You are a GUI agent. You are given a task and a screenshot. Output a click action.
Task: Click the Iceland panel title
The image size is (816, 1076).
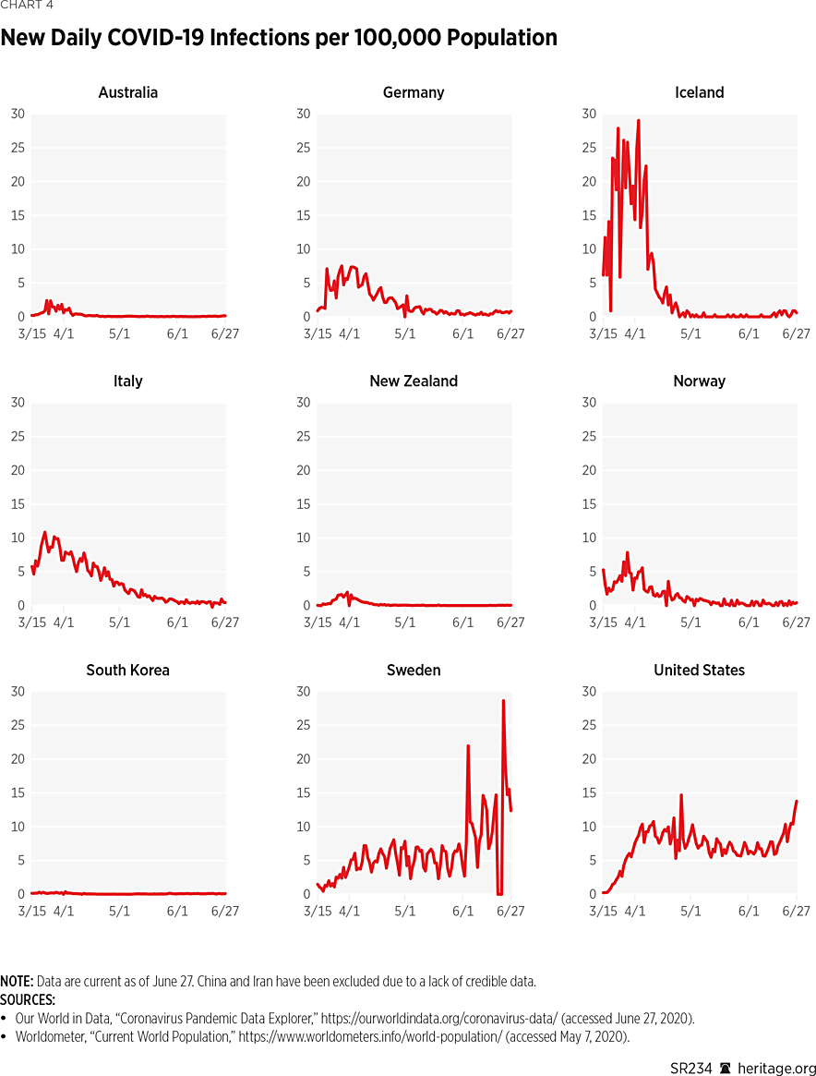click(699, 92)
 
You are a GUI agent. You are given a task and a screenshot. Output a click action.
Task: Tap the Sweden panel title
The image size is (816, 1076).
click(414, 670)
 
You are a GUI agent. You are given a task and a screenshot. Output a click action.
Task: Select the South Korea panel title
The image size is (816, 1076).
click(127, 670)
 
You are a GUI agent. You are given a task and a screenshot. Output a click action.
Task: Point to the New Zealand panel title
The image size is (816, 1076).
click(414, 381)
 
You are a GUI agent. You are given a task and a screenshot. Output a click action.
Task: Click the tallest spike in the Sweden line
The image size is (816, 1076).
click(503, 700)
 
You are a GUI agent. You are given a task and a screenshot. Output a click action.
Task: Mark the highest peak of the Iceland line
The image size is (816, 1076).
click(638, 120)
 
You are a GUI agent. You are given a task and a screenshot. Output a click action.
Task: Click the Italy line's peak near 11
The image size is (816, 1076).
click(44, 532)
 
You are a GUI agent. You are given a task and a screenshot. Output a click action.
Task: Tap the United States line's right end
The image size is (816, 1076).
click(797, 801)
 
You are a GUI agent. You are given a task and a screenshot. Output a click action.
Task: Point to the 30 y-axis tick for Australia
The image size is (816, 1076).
click(18, 114)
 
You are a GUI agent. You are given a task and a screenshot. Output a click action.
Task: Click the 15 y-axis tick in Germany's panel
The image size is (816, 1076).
click(304, 215)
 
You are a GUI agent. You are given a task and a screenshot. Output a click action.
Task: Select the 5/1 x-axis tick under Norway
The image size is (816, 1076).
click(691, 623)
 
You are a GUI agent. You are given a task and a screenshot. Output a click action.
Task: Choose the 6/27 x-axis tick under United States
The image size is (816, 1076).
click(797, 912)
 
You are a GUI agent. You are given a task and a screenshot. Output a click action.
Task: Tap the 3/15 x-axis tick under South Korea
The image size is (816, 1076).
click(32, 912)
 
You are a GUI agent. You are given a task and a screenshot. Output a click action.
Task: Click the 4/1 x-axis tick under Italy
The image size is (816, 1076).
click(63, 623)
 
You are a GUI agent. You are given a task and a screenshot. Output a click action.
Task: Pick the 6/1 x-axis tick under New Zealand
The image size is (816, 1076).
click(463, 623)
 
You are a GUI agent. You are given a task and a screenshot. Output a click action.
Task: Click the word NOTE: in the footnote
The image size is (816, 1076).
click(18, 982)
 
